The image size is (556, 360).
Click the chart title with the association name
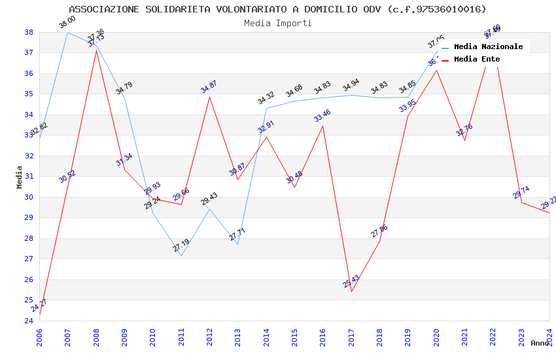277,9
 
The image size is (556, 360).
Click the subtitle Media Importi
277,23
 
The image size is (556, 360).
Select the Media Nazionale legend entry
488,47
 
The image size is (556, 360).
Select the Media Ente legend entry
477,60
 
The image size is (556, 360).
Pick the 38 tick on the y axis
29,32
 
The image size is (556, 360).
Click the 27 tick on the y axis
29,259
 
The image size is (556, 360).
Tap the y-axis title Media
19,177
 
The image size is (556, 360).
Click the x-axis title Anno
540,343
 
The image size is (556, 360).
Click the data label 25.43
351,282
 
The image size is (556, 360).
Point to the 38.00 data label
67,23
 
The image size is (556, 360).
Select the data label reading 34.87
209,87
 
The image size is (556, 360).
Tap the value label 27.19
181,246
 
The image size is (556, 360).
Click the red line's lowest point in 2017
351,291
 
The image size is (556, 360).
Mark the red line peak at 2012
209,97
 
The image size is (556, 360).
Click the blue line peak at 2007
67,32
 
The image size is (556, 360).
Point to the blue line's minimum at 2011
181,255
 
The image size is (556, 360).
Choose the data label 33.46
322,116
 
